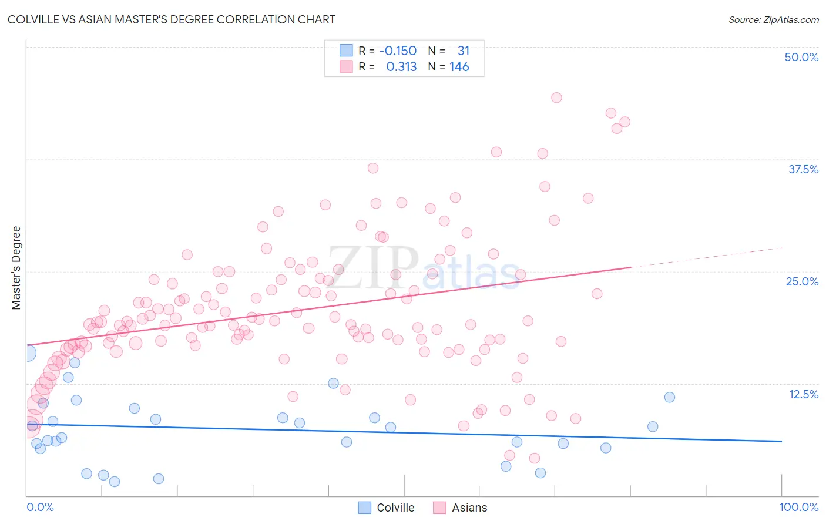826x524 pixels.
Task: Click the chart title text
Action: tap(172, 19)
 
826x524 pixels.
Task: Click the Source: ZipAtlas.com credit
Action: tap(773, 19)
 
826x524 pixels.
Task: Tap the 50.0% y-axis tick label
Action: tap(801, 57)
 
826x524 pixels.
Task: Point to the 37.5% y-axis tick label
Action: tap(803, 169)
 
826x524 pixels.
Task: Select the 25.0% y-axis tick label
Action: tap(801, 281)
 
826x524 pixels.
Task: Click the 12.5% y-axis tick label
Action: tap(803, 394)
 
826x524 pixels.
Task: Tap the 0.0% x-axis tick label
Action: tap(40, 507)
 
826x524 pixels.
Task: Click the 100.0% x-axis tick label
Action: tap(798, 507)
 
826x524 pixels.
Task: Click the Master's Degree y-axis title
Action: tap(16, 268)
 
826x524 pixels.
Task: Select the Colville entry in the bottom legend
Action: tap(395, 508)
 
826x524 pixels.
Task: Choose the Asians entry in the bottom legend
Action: tap(469, 508)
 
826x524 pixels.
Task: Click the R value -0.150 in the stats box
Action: tap(398, 51)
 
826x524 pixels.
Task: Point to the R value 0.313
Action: tap(401, 67)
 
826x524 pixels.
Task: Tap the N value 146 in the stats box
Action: tap(459, 67)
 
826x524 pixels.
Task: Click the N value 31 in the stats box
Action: tap(463, 51)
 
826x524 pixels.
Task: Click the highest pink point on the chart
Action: tap(556, 98)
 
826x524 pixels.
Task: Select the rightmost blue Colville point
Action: tap(669, 397)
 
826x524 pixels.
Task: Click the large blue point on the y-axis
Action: tap(28, 353)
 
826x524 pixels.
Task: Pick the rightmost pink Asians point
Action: tap(624, 122)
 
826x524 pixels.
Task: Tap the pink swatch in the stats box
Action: tap(346, 66)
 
